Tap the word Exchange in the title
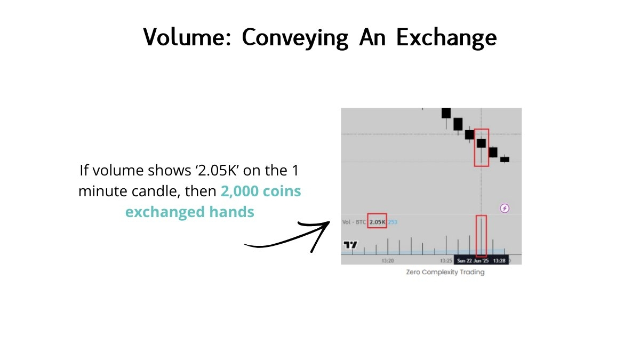click(x=446, y=38)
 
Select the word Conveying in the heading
click(x=295, y=38)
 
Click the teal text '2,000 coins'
click(x=261, y=191)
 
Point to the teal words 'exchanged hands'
click(x=190, y=212)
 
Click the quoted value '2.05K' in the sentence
click(x=217, y=170)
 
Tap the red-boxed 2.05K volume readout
click(x=377, y=222)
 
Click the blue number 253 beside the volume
click(x=393, y=222)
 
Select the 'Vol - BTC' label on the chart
click(x=354, y=222)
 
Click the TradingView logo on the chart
click(x=350, y=245)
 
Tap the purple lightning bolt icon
click(x=505, y=208)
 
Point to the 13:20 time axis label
click(x=388, y=261)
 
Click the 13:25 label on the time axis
click(x=446, y=261)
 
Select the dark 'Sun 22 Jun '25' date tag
click(x=473, y=261)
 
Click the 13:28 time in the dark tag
click(x=499, y=261)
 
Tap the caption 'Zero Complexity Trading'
click(x=445, y=272)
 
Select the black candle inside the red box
click(x=482, y=143)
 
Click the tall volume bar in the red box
click(x=482, y=236)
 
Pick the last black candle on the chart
click(x=505, y=159)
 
